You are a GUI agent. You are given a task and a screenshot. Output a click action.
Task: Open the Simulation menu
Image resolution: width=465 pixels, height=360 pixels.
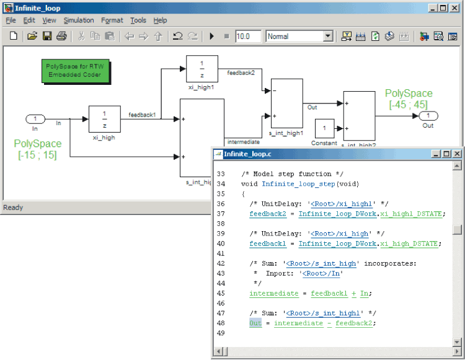coord(77,20)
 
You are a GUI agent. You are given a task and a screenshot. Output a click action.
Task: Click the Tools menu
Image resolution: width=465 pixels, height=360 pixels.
coord(138,20)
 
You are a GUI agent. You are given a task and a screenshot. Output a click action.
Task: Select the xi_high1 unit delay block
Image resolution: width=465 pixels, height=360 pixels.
coord(201,69)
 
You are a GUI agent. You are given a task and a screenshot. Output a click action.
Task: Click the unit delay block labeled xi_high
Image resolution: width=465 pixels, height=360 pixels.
coord(104,119)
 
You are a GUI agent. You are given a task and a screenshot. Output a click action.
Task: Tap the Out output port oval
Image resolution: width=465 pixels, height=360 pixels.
coord(428,116)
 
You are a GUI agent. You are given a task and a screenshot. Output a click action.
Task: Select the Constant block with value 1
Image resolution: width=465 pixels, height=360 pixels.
coord(324,129)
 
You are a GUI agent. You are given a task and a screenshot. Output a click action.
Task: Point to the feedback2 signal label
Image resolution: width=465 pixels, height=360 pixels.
coord(241,73)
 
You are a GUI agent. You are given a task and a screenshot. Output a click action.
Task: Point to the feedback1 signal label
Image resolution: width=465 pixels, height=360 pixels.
coord(142,115)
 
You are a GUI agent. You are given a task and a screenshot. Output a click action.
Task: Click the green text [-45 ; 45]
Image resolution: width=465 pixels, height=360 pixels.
coord(409,105)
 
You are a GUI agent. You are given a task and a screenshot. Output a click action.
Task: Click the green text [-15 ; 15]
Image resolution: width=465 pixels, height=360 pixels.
coord(38,155)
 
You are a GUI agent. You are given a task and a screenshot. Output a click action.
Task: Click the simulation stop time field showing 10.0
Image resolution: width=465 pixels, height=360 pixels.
coord(248,37)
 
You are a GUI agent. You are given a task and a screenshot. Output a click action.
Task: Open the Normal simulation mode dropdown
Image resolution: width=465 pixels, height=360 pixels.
coord(328,37)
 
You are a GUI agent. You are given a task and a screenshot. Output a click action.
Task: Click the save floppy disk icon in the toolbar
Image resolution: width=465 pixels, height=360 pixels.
coord(46,37)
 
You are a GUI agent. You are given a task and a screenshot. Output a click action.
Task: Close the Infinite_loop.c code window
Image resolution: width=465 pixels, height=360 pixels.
coord(456,154)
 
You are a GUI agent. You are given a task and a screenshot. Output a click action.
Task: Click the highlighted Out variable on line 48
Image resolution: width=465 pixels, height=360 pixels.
coord(255,323)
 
